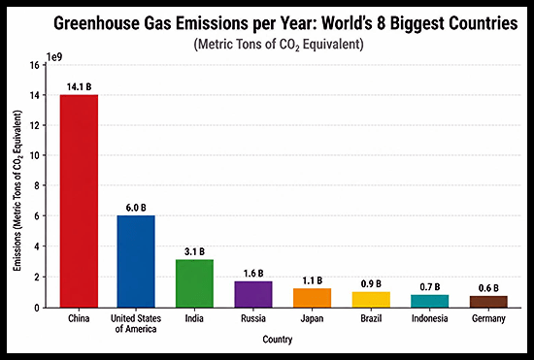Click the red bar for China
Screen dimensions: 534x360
point(79,201)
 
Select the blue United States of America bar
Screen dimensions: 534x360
point(136,261)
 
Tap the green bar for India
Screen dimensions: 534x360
point(194,283)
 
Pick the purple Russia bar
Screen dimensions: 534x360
point(253,294)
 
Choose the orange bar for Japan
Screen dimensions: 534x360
point(312,298)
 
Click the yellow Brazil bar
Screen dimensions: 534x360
point(371,300)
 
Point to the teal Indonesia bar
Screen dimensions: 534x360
point(429,301)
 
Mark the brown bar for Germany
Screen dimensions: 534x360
point(488,302)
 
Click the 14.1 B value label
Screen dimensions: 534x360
point(79,86)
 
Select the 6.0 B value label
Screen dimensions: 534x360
point(136,208)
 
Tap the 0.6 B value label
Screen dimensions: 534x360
point(488,288)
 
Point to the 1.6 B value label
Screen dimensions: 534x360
point(253,274)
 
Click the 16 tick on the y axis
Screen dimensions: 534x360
point(35,65)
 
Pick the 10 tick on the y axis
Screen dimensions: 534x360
point(35,155)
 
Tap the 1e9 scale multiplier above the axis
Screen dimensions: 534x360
point(54,57)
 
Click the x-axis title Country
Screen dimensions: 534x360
point(278,340)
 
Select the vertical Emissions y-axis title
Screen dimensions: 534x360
point(17,190)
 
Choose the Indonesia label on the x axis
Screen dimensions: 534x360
point(429,318)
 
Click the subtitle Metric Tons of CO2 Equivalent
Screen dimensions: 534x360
point(279,45)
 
